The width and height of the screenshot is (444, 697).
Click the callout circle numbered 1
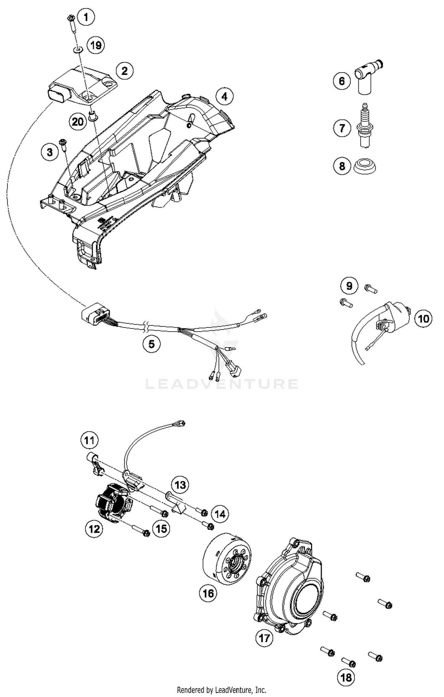86,17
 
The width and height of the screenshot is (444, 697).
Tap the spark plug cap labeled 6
367,76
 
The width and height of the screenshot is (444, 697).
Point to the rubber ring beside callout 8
365,167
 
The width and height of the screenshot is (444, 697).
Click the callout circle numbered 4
224,96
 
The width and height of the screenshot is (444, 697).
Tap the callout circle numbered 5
152,344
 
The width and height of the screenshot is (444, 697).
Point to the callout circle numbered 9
349,286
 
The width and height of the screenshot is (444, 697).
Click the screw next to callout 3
63,144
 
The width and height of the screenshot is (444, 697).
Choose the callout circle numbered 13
180,485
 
